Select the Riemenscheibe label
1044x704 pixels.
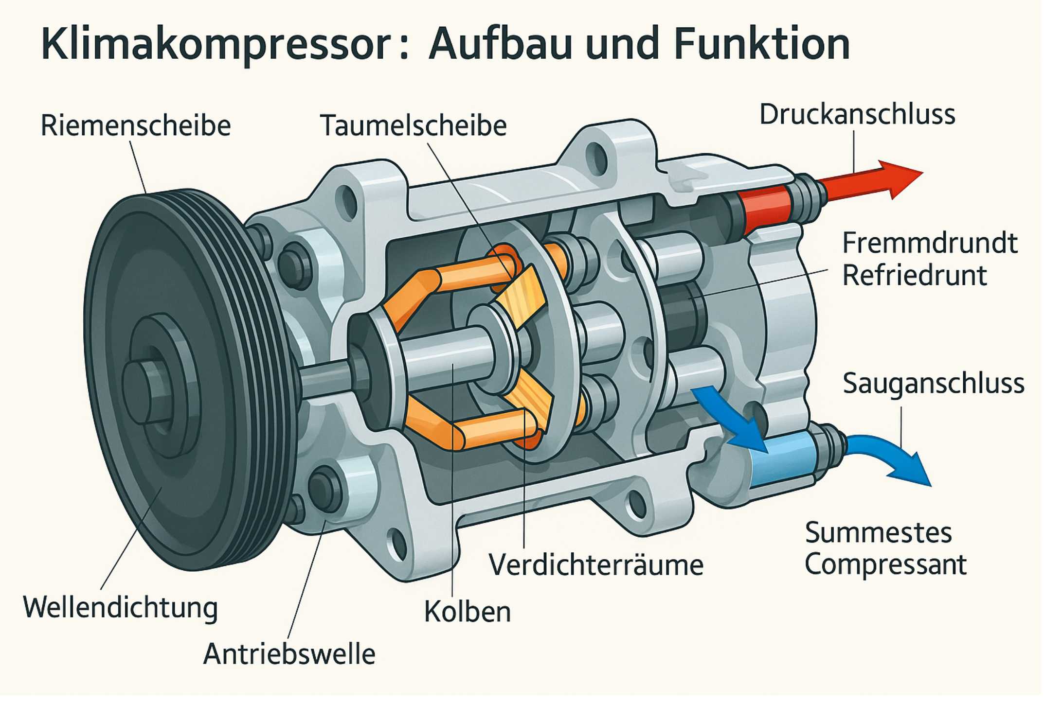pyautogui.click(x=135, y=125)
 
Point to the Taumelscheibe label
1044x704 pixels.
pyautogui.click(x=413, y=125)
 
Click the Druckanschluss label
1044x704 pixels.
pyautogui.click(x=857, y=115)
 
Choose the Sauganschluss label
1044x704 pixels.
pyautogui.click(x=933, y=384)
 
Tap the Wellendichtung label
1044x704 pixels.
pyautogui.click(x=120, y=608)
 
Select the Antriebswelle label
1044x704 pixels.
pyautogui.click(x=289, y=654)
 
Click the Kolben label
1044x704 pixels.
pyautogui.click(x=467, y=612)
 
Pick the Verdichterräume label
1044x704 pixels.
pyautogui.click(x=596, y=565)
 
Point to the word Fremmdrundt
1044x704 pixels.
pyautogui.click(x=929, y=243)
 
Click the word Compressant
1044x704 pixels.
pyautogui.click(x=885, y=564)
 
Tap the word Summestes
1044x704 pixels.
pyautogui.click(x=878, y=533)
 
